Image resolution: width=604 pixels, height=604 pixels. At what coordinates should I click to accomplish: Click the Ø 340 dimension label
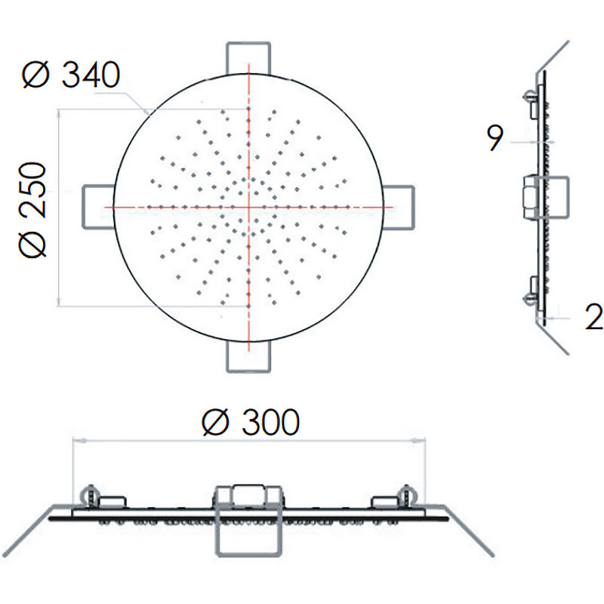pos(71,74)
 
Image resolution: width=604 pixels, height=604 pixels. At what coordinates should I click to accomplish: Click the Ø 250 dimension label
pos(32,210)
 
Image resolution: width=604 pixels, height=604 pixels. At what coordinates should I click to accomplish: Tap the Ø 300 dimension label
pos(251,422)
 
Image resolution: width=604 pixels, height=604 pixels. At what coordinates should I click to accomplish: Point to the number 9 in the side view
pos(495,138)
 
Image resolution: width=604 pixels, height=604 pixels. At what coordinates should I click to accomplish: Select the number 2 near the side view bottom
pos(594,316)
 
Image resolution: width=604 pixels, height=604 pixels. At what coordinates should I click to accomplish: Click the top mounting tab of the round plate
pos(248,58)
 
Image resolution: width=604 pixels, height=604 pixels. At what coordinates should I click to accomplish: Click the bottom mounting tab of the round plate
pos(248,356)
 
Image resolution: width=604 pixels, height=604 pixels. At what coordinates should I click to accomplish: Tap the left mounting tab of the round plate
pos(99,207)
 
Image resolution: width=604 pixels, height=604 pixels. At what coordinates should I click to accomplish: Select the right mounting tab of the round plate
pos(399,207)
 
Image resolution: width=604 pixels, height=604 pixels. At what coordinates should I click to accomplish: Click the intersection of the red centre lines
pos(249,207)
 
